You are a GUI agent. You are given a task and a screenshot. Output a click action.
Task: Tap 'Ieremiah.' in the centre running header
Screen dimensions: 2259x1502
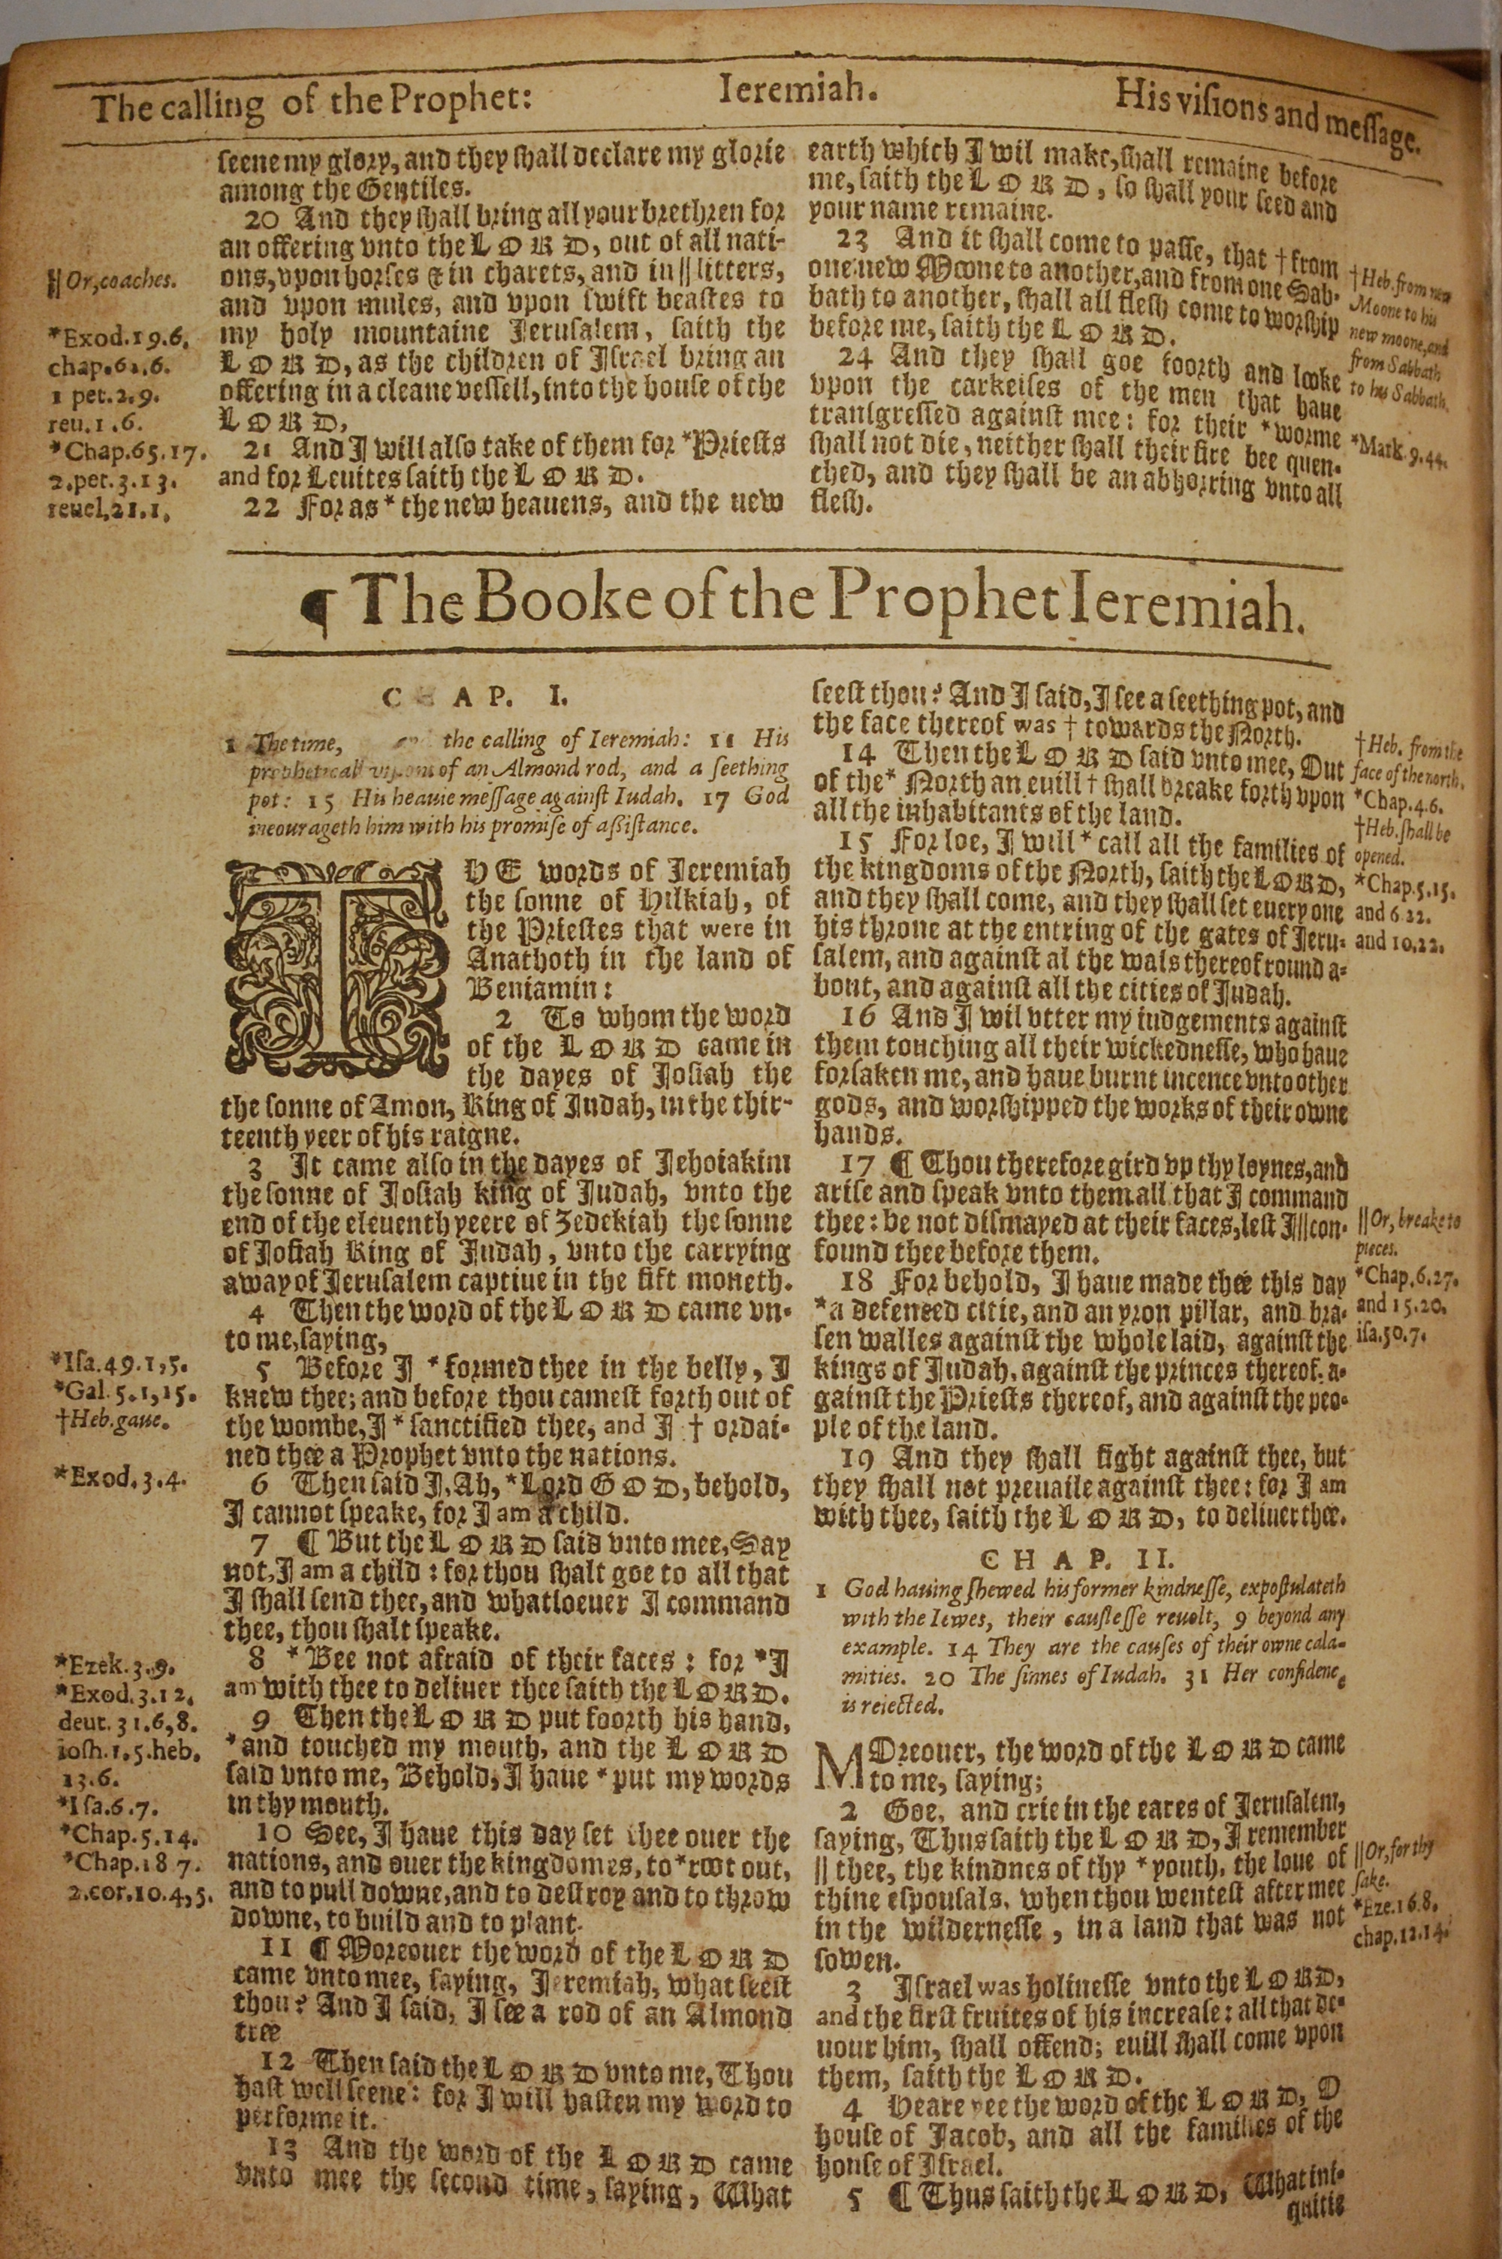797,93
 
